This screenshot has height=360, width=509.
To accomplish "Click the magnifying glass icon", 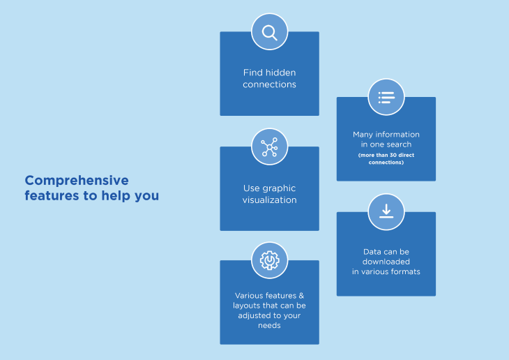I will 269,32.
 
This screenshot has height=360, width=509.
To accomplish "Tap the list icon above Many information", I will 386,97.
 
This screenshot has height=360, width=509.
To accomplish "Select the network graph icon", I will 269,147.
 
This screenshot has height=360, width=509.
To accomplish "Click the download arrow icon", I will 386,212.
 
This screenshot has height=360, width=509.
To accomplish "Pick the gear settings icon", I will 269,261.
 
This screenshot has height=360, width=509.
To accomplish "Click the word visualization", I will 270,200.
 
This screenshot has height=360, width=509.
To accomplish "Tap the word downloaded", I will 386,262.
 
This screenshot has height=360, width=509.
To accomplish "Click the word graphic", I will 280,188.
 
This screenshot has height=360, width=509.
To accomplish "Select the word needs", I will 269,325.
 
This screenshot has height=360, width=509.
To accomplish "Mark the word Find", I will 252,73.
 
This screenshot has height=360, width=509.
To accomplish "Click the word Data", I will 372,251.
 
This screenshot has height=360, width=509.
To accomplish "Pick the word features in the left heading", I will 50,196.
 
